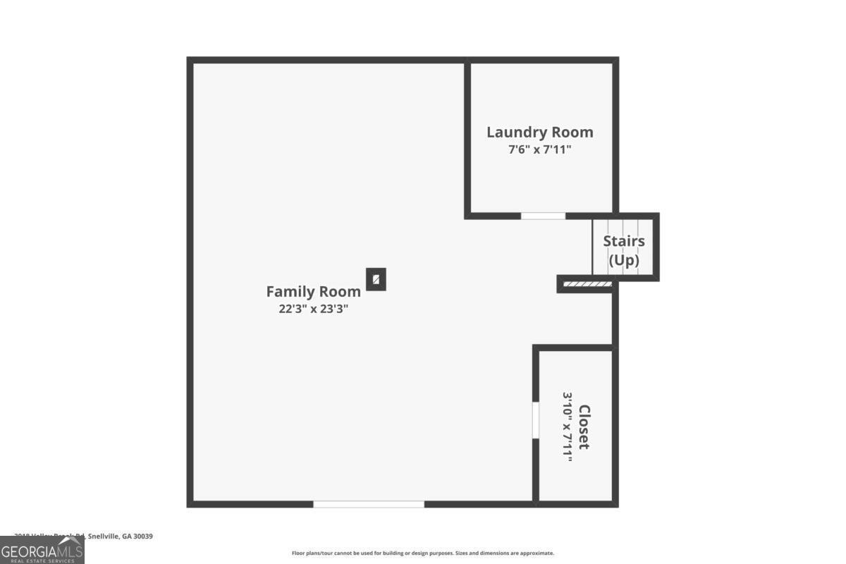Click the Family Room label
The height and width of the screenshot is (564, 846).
click(x=314, y=291)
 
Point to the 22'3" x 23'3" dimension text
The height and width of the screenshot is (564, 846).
click(x=314, y=308)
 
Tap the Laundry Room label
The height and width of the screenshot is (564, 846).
click(x=540, y=132)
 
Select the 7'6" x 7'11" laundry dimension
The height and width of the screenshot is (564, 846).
click(x=540, y=149)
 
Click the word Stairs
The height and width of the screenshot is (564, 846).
click(x=624, y=241)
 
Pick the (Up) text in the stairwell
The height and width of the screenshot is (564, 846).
click(x=624, y=259)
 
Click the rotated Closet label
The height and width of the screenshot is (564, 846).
click(x=584, y=427)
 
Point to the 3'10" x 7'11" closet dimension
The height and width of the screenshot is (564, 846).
click(x=567, y=427)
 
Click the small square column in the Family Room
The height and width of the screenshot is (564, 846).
click(x=376, y=279)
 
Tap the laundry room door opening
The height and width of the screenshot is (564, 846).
click(x=543, y=216)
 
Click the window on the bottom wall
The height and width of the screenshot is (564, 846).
click(x=369, y=504)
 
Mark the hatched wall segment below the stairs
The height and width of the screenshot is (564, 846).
click(x=587, y=284)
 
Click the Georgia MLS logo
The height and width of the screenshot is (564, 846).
click(x=42, y=550)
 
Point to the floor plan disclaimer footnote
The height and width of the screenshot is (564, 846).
click(x=423, y=553)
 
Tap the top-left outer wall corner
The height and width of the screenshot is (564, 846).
click(x=190, y=61)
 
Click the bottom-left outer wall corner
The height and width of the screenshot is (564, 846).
click(x=190, y=504)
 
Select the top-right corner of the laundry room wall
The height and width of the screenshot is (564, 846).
click(x=615, y=61)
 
